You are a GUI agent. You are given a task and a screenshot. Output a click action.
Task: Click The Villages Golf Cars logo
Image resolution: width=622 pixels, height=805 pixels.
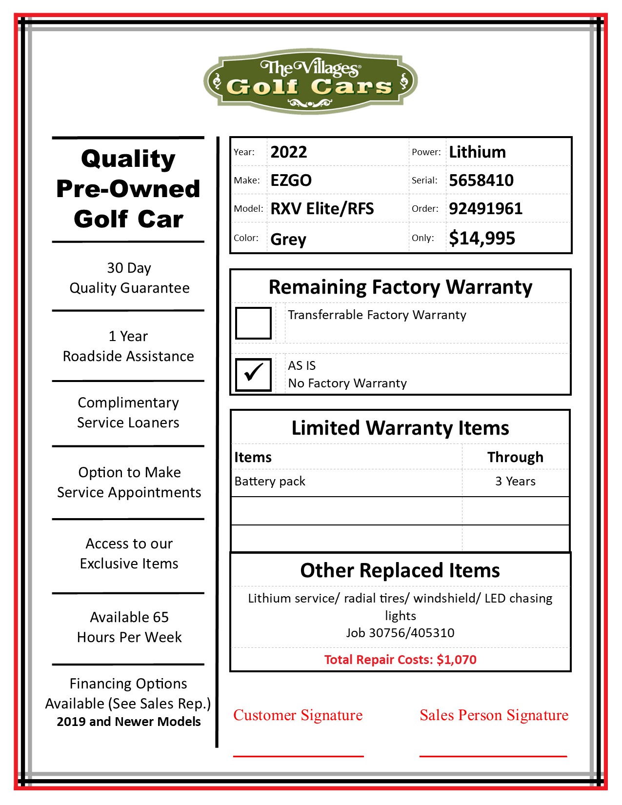click(310, 81)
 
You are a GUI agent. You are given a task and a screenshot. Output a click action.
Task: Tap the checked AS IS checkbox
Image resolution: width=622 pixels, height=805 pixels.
click(253, 374)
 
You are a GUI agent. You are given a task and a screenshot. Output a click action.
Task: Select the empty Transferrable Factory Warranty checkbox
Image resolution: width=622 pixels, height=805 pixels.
click(253, 323)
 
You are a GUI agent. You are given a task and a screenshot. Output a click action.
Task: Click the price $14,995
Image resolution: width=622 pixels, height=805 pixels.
click(482, 238)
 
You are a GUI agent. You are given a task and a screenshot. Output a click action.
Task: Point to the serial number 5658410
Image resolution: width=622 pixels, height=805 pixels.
click(481, 181)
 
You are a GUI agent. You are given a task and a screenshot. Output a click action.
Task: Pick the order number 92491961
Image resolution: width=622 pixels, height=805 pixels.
click(485, 209)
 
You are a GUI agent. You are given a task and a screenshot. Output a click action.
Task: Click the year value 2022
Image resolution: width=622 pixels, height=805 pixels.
click(289, 152)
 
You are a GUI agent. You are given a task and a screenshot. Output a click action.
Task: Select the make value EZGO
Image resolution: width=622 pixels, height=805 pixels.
click(291, 181)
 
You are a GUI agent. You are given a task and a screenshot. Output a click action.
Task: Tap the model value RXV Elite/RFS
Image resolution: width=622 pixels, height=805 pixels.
click(322, 209)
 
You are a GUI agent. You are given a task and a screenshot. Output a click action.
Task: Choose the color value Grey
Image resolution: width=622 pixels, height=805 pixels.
click(288, 239)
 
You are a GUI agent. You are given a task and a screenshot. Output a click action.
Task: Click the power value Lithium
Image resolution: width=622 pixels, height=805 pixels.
click(477, 152)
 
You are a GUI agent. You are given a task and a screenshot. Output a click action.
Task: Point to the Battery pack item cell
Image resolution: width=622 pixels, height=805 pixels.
click(270, 482)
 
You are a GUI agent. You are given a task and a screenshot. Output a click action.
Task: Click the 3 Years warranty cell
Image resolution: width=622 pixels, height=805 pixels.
click(515, 482)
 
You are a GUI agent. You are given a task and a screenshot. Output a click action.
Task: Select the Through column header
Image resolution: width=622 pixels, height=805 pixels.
click(515, 457)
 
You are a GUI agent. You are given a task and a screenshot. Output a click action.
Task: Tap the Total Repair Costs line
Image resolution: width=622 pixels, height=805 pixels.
click(400, 660)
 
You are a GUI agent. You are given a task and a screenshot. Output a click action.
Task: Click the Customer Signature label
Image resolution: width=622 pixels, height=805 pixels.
click(298, 715)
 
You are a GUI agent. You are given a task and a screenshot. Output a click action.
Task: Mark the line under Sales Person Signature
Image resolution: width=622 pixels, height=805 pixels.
click(493, 756)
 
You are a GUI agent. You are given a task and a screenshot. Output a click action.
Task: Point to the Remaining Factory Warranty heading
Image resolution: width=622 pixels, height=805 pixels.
click(400, 287)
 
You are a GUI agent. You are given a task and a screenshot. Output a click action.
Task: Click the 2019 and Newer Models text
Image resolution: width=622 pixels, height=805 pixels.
click(128, 722)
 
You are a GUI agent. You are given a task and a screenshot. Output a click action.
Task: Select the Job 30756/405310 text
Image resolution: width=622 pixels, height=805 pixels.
click(400, 633)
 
